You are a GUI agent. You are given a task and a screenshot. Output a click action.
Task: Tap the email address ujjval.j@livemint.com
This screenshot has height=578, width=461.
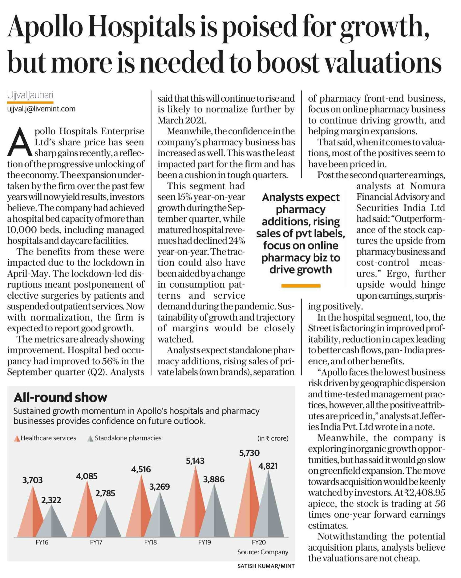pos(41,109)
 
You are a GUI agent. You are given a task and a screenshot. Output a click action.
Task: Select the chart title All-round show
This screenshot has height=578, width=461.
pos(60,397)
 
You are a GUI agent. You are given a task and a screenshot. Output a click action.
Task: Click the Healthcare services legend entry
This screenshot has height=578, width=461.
pos(45,438)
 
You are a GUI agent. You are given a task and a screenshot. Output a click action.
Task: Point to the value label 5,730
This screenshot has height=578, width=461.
pos(249,453)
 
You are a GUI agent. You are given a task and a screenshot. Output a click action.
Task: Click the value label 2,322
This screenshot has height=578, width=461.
pos(51,500)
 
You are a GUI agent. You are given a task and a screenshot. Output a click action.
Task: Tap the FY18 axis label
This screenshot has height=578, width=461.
pos(150,542)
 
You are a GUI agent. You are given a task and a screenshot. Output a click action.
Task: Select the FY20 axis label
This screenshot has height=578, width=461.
pos(258,542)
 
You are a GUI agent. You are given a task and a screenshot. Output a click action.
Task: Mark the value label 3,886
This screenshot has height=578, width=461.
pos(214,479)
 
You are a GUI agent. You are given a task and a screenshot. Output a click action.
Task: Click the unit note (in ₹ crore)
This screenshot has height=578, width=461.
pos(273,438)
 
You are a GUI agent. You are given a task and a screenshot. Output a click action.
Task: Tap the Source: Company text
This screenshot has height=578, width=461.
pos(263,552)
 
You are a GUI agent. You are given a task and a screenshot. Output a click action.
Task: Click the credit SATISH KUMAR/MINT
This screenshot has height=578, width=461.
pos(266,566)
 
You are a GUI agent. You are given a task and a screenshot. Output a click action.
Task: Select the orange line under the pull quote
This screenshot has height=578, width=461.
pos(301,286)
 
